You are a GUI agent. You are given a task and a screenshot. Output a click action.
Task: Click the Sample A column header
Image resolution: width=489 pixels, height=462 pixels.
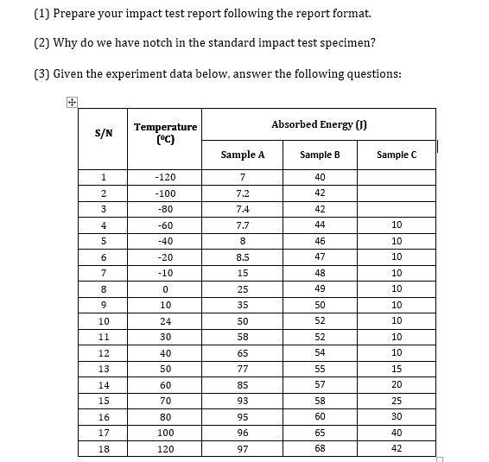click(x=243, y=155)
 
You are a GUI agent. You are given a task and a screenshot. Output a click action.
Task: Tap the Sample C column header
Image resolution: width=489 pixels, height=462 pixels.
click(x=397, y=155)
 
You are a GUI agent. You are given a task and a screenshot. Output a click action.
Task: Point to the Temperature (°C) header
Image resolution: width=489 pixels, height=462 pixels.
click(x=165, y=132)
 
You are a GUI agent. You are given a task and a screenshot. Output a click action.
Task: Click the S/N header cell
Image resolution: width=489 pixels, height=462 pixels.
click(x=102, y=133)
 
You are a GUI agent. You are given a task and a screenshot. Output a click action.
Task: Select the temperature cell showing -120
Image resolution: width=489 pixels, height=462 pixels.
click(x=165, y=176)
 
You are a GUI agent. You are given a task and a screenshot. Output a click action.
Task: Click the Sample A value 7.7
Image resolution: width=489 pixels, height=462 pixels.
click(x=243, y=225)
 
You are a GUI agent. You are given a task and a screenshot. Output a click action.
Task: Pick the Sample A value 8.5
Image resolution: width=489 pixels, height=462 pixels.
click(x=243, y=256)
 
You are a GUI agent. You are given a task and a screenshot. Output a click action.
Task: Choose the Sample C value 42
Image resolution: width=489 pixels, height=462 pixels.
click(x=397, y=449)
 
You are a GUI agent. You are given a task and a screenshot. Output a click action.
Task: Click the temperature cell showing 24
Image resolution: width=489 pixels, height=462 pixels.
click(x=165, y=320)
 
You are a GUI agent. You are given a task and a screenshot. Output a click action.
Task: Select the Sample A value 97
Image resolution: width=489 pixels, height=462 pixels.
click(x=243, y=449)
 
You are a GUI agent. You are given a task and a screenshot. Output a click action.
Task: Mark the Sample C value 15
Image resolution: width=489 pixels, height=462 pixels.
click(x=397, y=369)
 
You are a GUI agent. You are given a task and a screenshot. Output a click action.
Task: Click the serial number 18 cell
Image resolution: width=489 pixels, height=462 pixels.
click(x=102, y=449)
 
